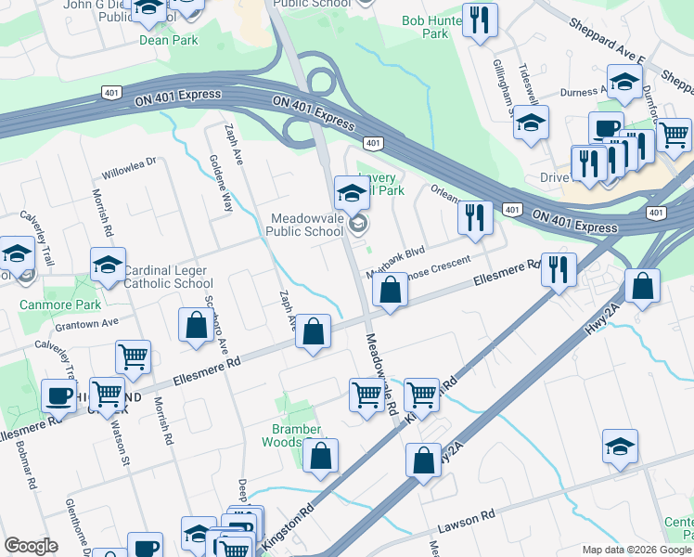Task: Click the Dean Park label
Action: pos(168,40)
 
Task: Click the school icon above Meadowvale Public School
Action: pos(353,193)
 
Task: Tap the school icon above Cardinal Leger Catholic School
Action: pos(108,265)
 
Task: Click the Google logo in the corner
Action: pos(31,546)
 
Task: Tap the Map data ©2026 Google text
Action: pos(636,550)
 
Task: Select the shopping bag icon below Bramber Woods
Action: pos(320,456)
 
